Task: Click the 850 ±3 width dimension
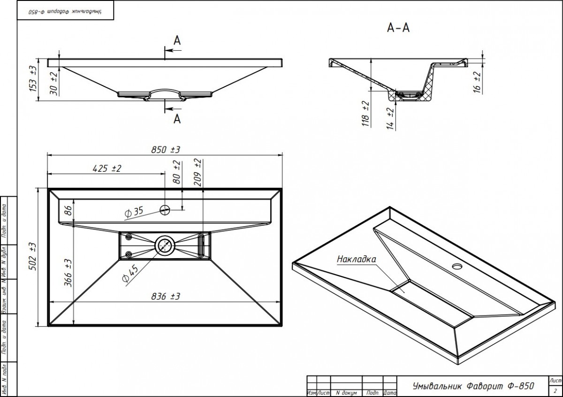tap(166, 150)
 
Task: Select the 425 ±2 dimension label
tap(107, 168)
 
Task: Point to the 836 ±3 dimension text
tap(166, 297)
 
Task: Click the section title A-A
tap(398, 28)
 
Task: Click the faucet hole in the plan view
tap(165, 209)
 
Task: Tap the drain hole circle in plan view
tap(165, 244)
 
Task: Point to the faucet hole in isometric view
tap(456, 267)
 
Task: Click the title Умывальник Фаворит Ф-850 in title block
tap(472, 386)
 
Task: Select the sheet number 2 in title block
tap(555, 390)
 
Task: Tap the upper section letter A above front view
tap(177, 41)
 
